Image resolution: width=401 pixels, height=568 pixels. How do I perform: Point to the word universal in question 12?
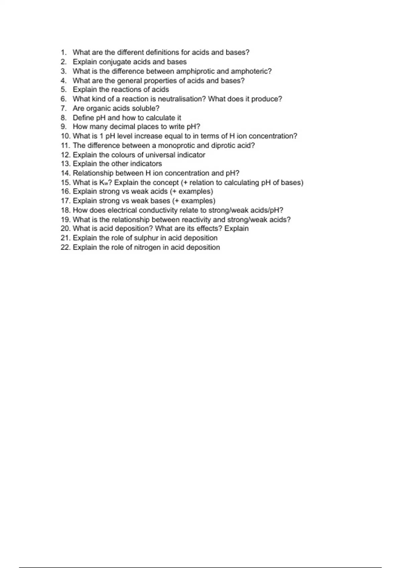(x=160, y=155)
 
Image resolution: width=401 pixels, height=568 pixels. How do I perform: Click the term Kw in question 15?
(x=103, y=182)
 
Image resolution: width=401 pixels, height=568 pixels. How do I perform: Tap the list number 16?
(x=65, y=191)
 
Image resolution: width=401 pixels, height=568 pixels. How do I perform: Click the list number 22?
(x=65, y=247)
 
